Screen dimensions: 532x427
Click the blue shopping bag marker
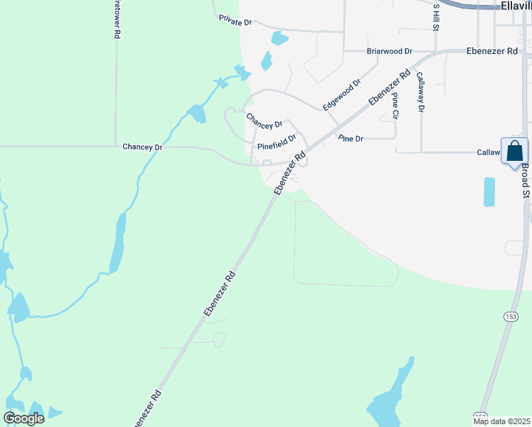pos(514,152)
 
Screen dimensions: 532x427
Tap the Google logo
pos(24,418)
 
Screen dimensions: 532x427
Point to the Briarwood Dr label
pos(389,51)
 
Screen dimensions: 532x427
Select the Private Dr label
pos(235,22)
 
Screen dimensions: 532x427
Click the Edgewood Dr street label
pos(341,95)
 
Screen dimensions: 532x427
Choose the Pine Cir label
pos(395,105)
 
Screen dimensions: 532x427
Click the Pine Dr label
pos(351,138)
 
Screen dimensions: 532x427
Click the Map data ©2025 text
pos(501,421)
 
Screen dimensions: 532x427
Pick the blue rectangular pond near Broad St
pos(489,191)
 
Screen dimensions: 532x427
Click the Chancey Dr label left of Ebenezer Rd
pos(142,147)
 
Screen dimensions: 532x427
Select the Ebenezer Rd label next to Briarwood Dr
pos(492,51)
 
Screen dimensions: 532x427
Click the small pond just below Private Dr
pos(280,38)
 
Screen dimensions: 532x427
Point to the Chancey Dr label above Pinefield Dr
pos(264,120)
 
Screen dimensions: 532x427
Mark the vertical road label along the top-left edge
pos(117,19)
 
